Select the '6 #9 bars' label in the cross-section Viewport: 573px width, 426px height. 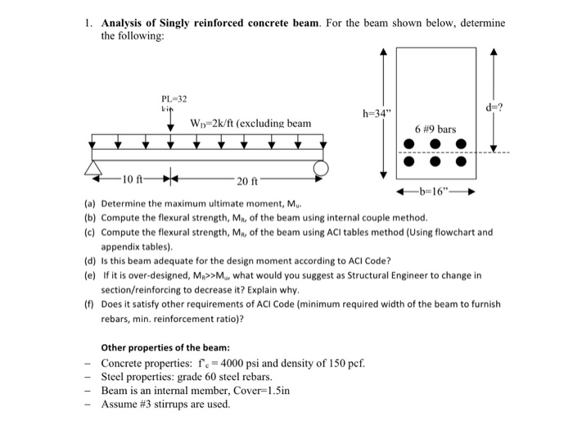pos(435,129)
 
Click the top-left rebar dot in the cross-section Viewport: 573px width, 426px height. pos(408,143)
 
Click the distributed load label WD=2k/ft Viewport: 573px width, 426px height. pos(250,123)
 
